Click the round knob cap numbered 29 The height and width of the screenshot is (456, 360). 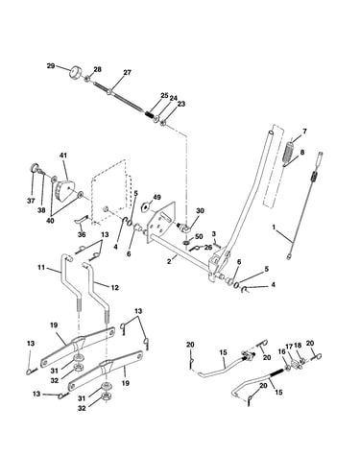click(x=76, y=71)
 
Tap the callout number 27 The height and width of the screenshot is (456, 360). click(x=128, y=73)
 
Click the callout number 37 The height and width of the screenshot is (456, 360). click(x=31, y=202)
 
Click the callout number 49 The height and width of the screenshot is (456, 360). click(x=156, y=197)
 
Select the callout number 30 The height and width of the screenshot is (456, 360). click(x=200, y=211)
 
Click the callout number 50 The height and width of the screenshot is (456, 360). click(x=199, y=236)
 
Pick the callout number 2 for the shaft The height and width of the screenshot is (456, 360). click(x=170, y=261)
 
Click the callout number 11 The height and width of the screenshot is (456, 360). click(x=41, y=267)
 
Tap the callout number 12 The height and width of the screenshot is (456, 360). click(x=114, y=288)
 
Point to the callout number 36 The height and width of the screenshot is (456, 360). click(x=82, y=234)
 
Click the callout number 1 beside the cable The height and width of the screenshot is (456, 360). click(x=274, y=228)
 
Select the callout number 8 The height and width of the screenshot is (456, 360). click(x=301, y=152)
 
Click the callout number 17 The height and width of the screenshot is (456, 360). click(x=289, y=346)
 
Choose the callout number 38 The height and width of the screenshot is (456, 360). click(x=41, y=210)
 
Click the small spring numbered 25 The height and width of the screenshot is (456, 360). click(x=149, y=113)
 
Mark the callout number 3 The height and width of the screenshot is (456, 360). click(x=214, y=233)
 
